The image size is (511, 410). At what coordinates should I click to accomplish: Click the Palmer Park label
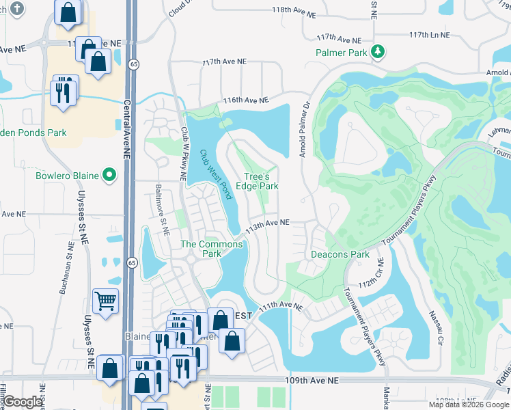(342, 53)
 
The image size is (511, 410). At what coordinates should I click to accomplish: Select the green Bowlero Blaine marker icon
(109, 176)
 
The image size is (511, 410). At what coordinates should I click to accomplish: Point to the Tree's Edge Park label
(257, 181)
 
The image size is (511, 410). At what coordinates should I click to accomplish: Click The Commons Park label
(211, 249)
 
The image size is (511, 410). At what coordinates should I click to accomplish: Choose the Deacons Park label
(340, 255)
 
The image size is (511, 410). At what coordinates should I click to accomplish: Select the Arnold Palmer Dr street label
(303, 126)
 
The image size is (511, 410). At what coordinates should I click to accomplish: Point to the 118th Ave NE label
(294, 13)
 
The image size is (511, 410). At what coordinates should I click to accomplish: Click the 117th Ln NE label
(430, 35)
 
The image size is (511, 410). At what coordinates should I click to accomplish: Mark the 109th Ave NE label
(314, 379)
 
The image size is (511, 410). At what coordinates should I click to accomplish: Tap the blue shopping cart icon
(106, 301)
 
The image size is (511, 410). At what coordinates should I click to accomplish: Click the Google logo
(23, 402)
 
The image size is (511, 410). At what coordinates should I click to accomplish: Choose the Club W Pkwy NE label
(183, 154)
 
